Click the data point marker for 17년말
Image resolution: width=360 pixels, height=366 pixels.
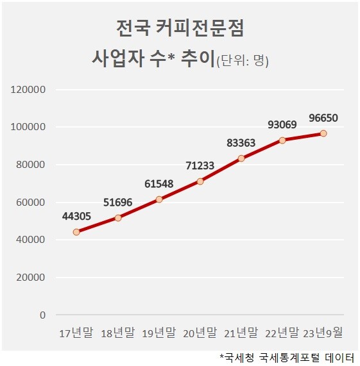point(76,232)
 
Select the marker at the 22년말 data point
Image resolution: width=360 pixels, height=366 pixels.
point(282,140)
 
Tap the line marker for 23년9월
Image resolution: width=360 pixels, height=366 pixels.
point(323,133)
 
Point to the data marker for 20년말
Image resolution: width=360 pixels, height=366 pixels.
point(200,181)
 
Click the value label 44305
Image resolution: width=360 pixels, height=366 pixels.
point(76,217)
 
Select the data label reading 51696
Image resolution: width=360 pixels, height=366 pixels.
point(117,203)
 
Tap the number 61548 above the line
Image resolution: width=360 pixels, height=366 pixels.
point(159,184)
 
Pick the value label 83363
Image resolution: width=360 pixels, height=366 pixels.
point(241,143)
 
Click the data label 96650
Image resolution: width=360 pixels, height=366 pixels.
point(323,118)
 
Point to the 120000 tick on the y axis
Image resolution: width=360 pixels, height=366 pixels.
point(28,90)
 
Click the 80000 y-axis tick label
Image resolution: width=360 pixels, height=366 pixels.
point(31,165)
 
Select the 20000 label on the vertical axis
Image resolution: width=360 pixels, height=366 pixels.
point(31,278)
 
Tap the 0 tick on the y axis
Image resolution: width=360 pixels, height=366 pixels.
point(42,315)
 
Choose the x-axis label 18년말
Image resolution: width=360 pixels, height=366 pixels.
point(117,333)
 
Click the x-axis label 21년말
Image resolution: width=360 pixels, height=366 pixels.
point(241,333)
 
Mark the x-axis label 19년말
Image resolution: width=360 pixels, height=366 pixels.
point(159,333)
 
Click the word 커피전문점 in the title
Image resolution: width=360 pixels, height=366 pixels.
point(200,28)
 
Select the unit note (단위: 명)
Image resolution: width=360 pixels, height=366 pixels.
point(243,61)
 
